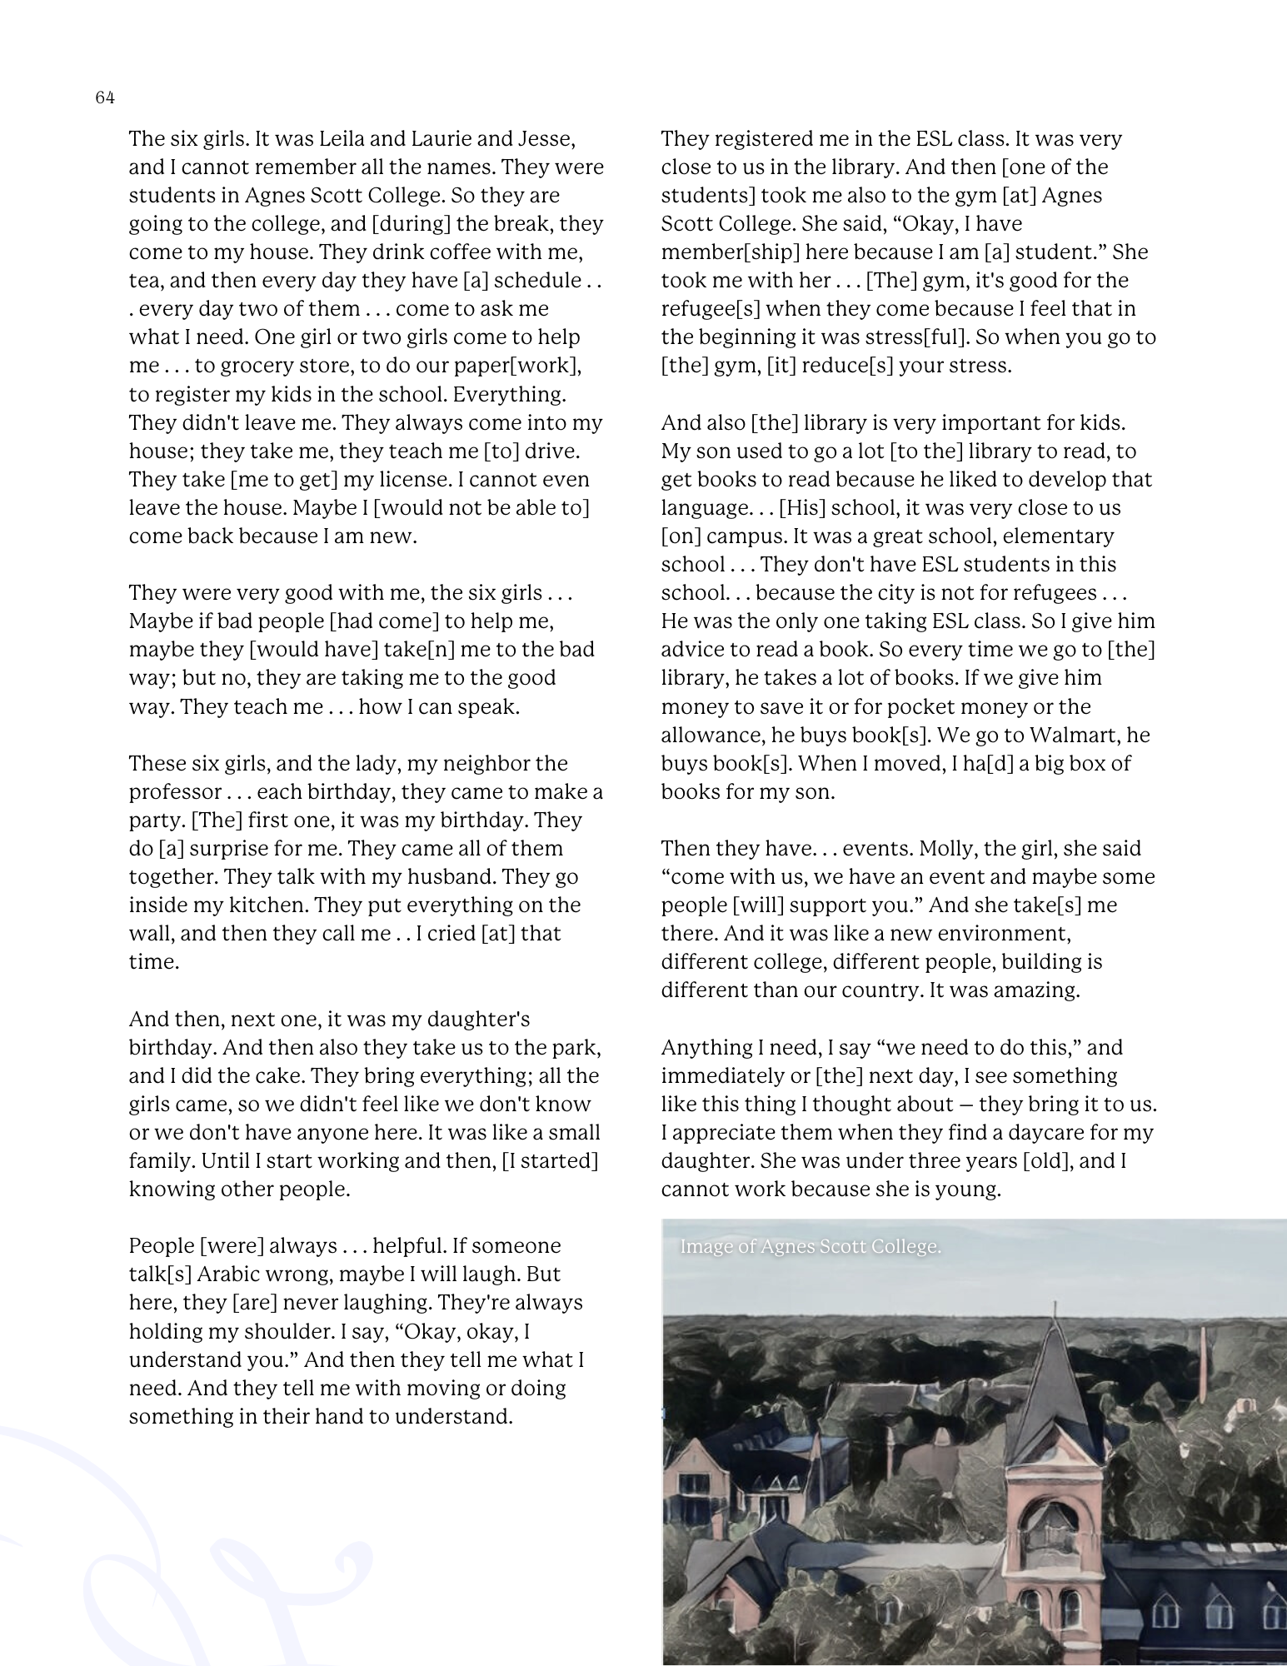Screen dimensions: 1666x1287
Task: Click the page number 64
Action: (x=105, y=98)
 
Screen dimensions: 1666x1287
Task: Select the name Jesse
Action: (x=546, y=138)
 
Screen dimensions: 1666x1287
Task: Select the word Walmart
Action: (x=1074, y=735)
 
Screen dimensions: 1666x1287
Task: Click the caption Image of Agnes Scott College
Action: (x=811, y=1247)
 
